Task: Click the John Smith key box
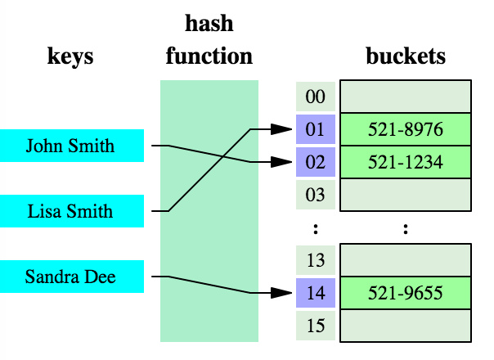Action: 72,146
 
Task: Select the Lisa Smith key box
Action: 72,211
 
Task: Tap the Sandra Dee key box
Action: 72,277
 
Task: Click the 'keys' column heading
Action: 70,56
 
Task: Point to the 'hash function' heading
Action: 209,40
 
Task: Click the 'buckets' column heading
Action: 405,56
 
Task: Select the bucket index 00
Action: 315,97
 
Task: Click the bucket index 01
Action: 315,129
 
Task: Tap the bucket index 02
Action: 315,162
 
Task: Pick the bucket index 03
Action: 315,195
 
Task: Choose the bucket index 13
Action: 315,260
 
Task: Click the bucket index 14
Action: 315,293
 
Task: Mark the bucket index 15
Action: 315,326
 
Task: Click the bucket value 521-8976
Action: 405,129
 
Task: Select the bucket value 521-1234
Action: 405,162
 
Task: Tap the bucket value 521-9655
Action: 405,293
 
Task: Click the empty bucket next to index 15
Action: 405,326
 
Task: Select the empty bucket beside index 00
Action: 405,97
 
